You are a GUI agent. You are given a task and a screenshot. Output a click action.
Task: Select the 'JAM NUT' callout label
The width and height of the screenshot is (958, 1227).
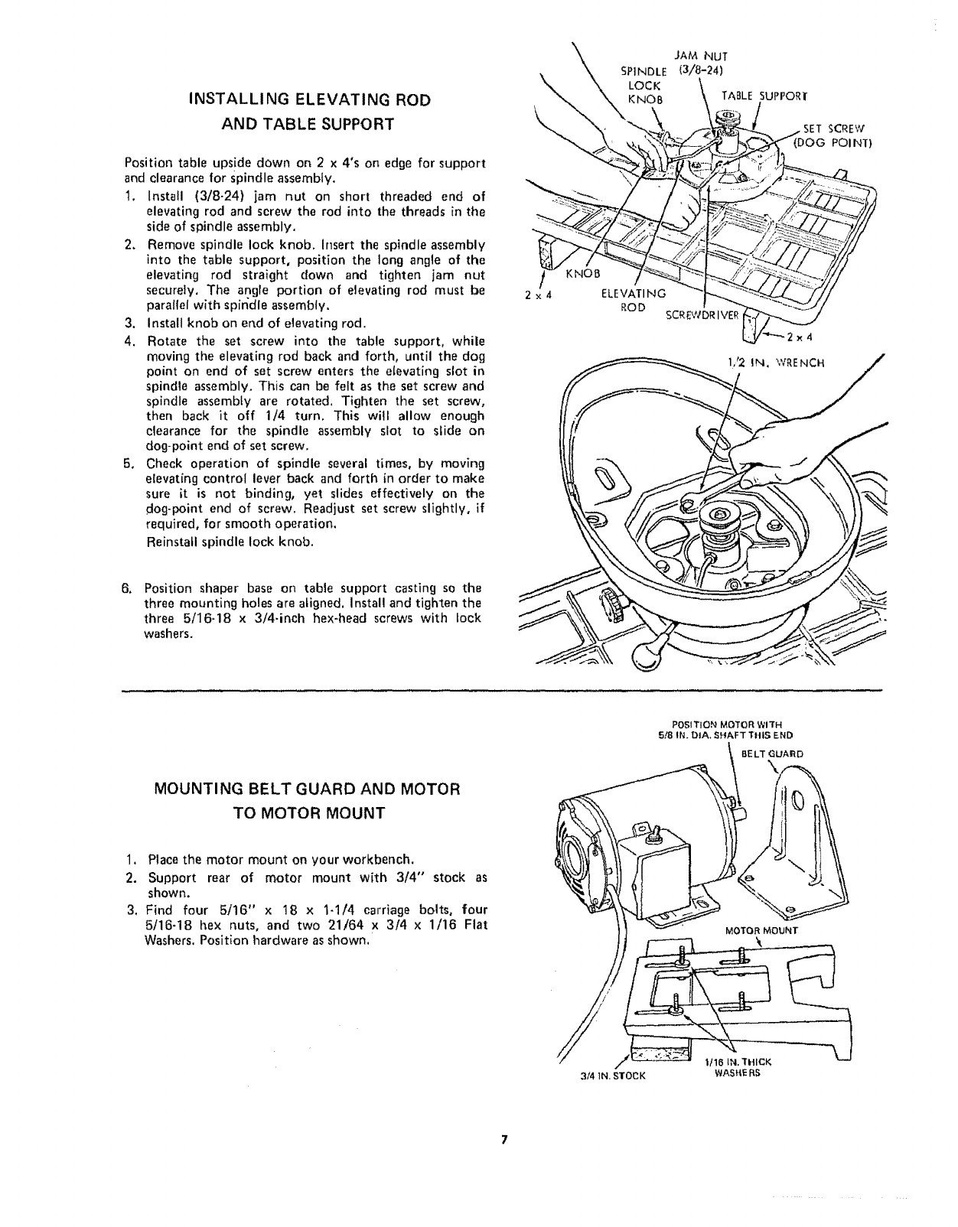701,55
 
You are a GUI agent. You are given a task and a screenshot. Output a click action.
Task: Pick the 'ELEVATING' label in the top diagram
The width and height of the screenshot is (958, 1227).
635,294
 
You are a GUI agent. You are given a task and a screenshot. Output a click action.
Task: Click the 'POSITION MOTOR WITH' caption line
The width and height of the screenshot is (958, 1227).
723,723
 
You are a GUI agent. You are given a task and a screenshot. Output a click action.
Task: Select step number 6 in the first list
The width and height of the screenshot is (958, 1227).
129,588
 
